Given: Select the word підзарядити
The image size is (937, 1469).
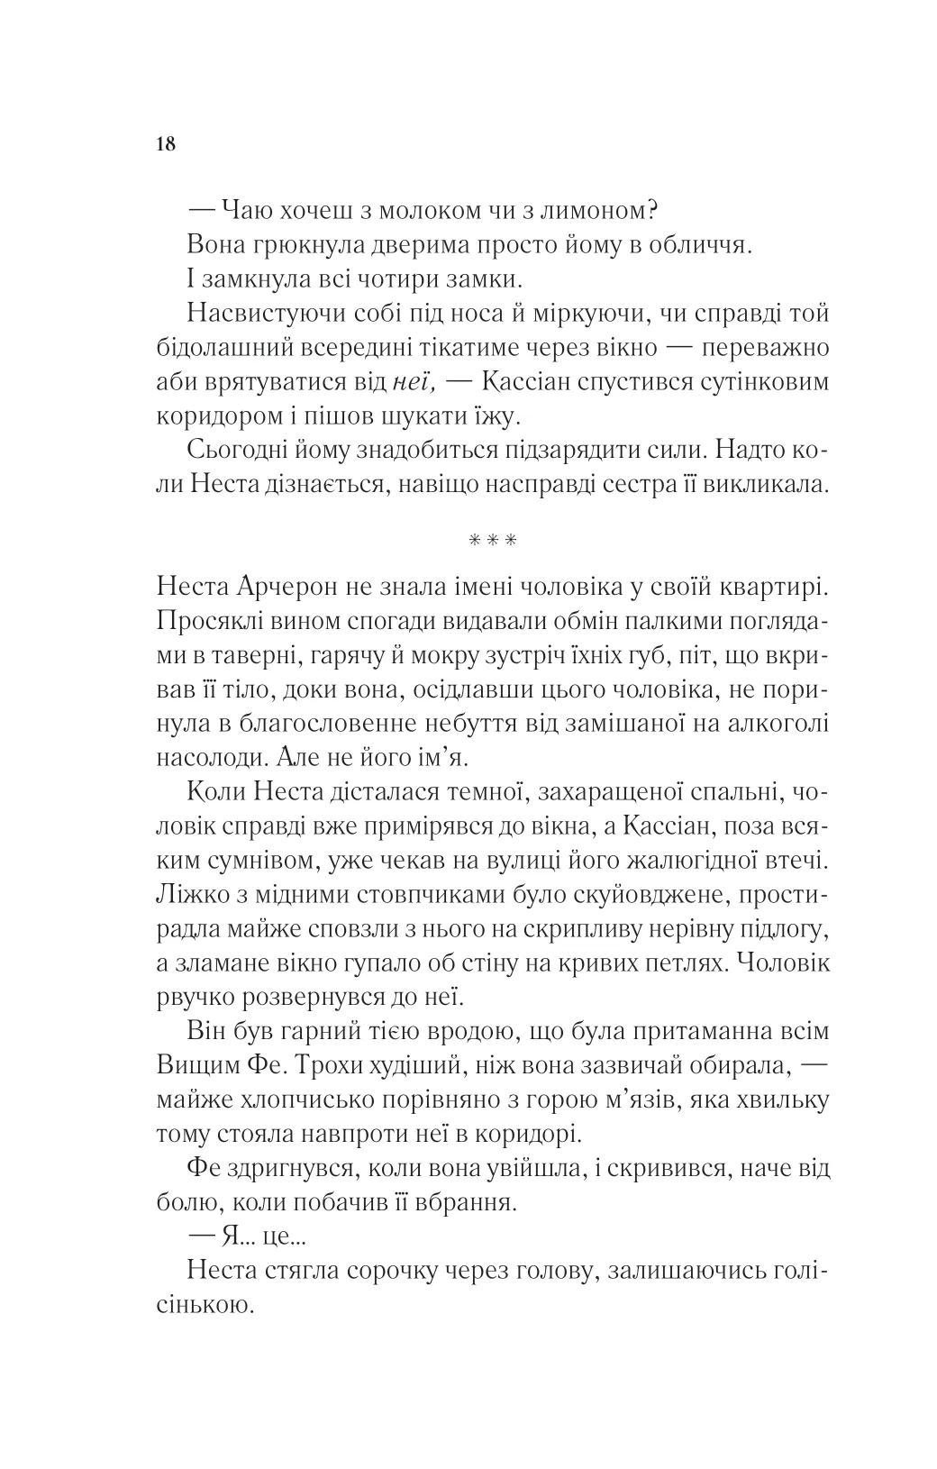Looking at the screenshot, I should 559,451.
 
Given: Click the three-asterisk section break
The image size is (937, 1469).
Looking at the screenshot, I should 493,542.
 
